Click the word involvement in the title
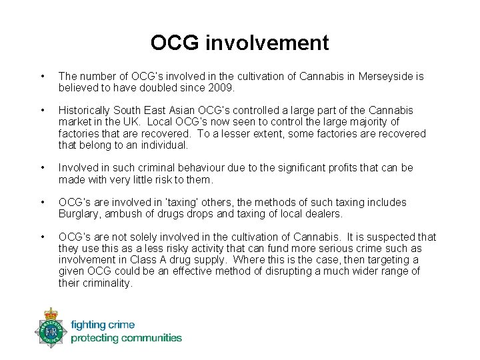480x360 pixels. pyautogui.click(x=267, y=43)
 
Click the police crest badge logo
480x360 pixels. pyautogui.click(x=51, y=327)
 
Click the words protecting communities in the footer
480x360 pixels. pyautogui.click(x=126, y=338)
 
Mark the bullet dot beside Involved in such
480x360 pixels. pyautogui.click(x=43, y=168)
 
